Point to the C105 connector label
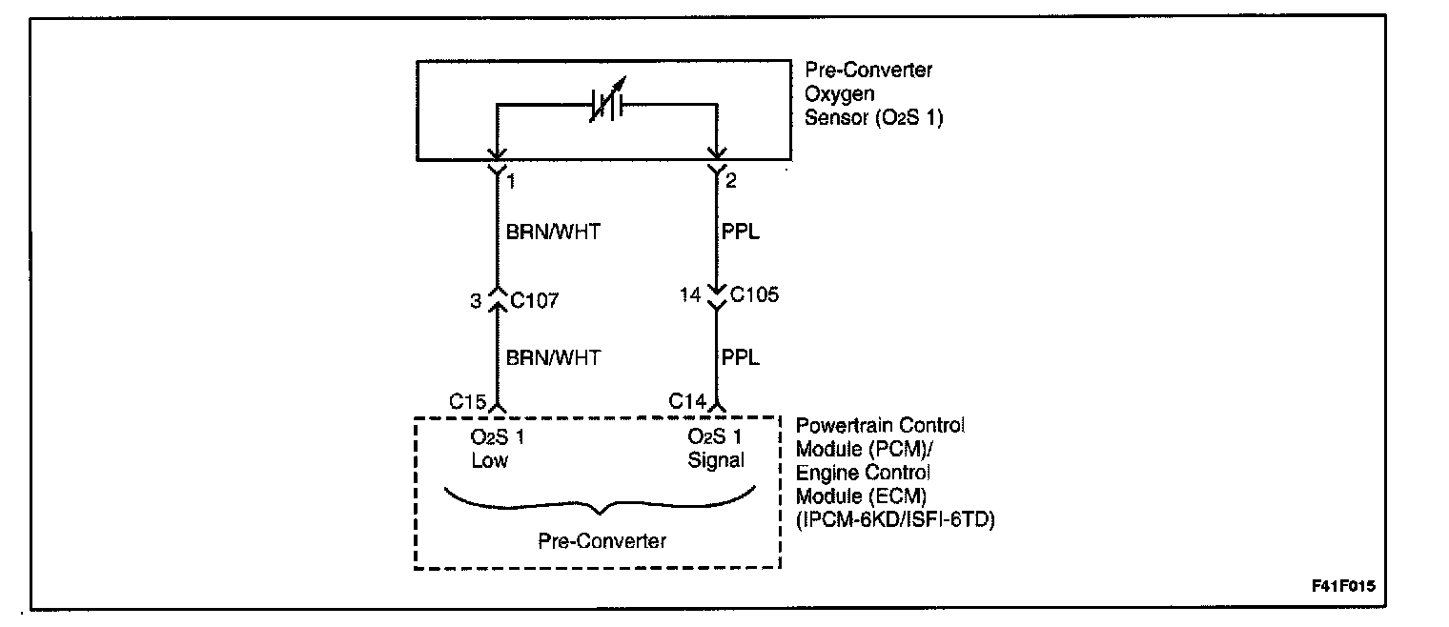tap(755, 294)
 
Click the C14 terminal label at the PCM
tap(688, 401)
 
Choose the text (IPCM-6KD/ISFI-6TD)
tap(895, 520)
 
